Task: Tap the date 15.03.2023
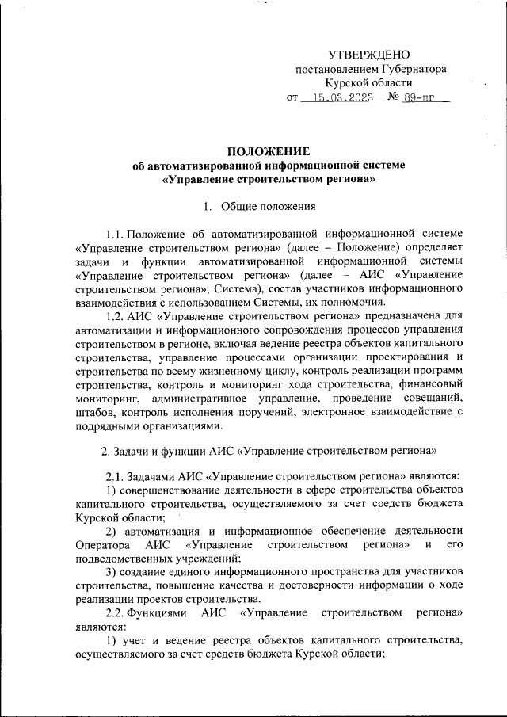[x=343, y=99]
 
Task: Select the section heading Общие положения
[x=269, y=208]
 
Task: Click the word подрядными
[x=109, y=425]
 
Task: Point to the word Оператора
[x=102, y=545]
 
